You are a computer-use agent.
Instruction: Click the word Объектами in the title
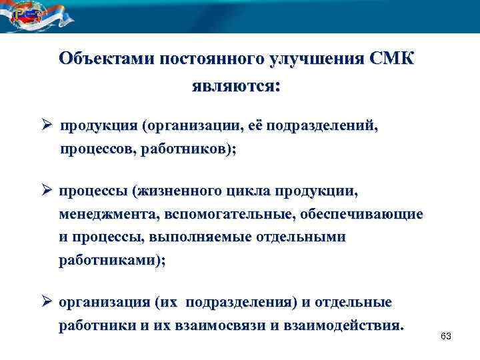coord(106,58)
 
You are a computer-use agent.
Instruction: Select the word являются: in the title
coord(236,87)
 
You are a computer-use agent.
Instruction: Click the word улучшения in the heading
coord(316,58)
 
